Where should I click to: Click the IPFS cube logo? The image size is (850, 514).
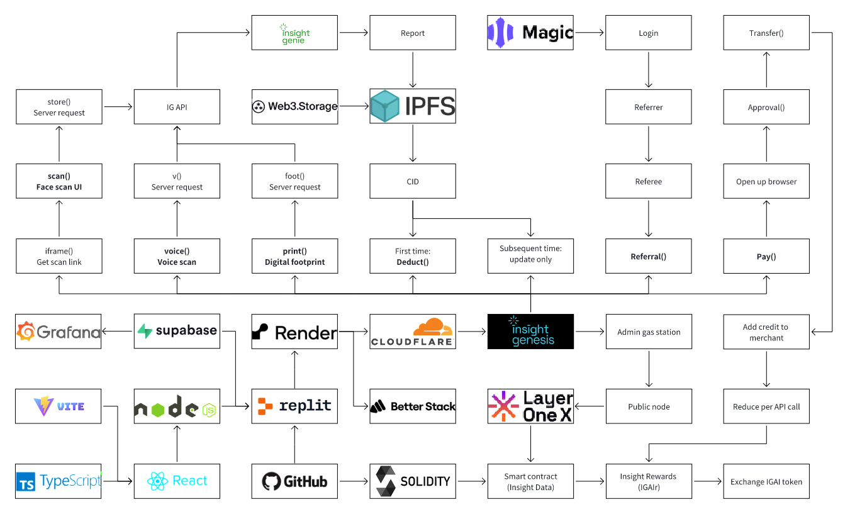(385, 106)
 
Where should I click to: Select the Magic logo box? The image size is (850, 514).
(530, 33)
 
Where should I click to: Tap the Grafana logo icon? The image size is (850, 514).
(26, 332)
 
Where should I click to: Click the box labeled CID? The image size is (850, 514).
(412, 181)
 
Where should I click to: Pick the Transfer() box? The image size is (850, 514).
(766, 33)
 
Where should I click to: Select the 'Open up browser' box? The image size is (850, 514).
(766, 181)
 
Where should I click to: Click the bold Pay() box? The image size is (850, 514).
(766, 256)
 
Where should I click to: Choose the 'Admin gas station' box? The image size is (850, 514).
(648, 332)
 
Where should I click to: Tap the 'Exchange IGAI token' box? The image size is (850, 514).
(766, 481)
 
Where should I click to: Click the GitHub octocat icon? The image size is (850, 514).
(272, 481)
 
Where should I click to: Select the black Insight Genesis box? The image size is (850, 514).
(530, 332)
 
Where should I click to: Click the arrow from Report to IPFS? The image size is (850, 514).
(412, 69)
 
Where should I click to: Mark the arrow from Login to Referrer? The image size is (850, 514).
(648, 69)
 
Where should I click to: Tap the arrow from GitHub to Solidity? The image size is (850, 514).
(353, 481)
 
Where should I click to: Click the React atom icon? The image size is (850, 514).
(157, 481)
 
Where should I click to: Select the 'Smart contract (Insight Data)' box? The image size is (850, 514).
(530, 481)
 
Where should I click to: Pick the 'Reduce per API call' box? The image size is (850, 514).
(766, 406)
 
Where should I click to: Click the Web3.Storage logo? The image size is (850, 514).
(294, 106)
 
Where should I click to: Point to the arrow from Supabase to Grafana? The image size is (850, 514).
(118, 332)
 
